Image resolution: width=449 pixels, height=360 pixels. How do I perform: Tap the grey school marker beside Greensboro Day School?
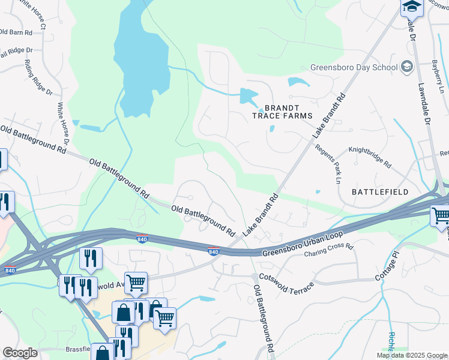pyautogui.click(x=408, y=67)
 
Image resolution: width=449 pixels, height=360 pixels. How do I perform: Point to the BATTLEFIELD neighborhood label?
pyautogui.click(x=380, y=192)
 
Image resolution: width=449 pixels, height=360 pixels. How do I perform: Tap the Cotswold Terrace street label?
pyautogui.click(x=286, y=282)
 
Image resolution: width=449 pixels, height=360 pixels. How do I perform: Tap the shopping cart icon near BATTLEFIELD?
pyautogui.click(x=441, y=215)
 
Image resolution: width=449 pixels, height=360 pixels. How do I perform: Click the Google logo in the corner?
pyautogui.click(x=20, y=353)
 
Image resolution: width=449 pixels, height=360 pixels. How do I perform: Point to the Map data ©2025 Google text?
pyautogui.click(x=412, y=355)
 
